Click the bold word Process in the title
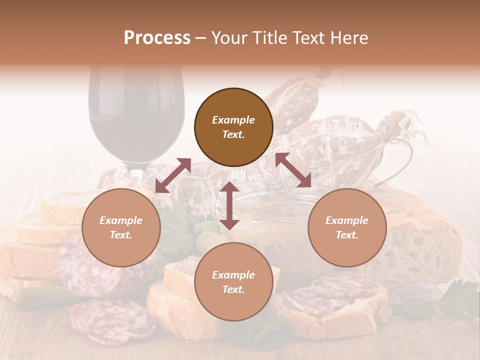pos(157,38)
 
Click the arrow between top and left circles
pos(173,175)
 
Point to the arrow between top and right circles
pos(293,170)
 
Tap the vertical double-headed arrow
pos(229,205)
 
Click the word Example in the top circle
pos(233,120)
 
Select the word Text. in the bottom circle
pos(233,289)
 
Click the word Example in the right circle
pos(347,220)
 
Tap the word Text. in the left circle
pos(121,235)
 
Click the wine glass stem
pos(135,172)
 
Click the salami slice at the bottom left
pos(112,320)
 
